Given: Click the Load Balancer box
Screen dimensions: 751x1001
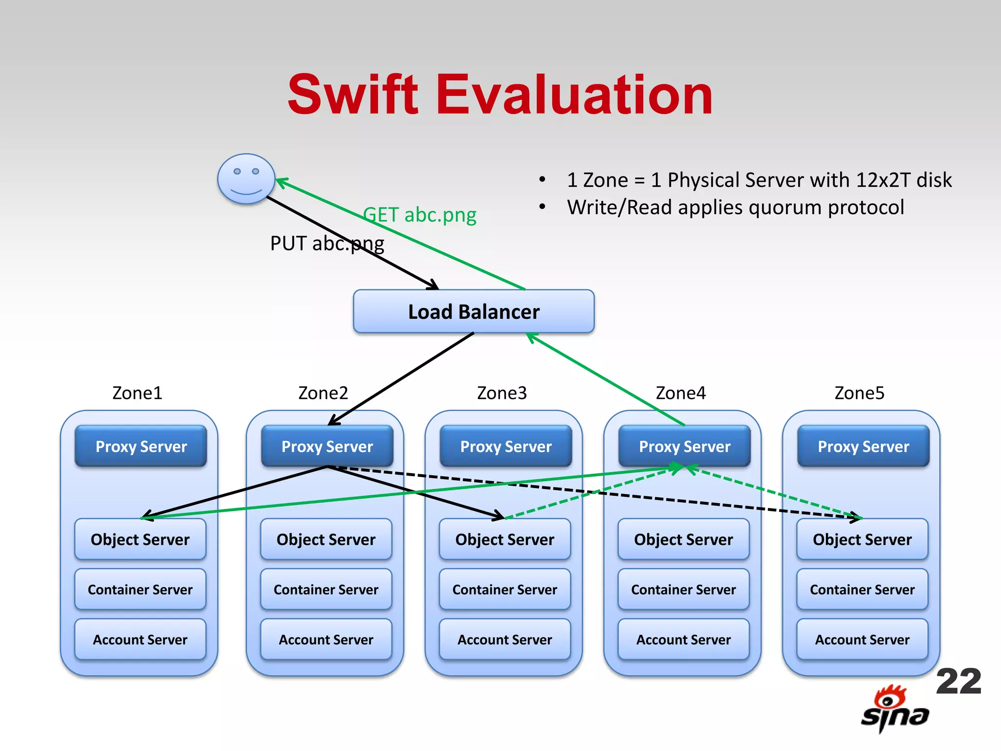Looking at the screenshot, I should pyautogui.click(x=474, y=311).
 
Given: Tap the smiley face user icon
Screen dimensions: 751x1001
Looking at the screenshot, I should pyautogui.click(x=246, y=179).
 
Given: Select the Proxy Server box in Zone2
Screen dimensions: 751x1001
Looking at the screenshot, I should pyautogui.click(x=327, y=446).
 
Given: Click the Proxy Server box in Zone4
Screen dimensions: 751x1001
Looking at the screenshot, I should pyautogui.click(x=684, y=446).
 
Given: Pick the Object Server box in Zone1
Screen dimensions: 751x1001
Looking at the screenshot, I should pyautogui.click(x=140, y=539).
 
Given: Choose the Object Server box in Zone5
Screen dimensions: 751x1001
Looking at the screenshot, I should pyautogui.click(x=862, y=539).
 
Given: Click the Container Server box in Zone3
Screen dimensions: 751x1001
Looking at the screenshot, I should pyautogui.click(x=504, y=590).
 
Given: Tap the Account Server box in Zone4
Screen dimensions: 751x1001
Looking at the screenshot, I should pyautogui.click(x=683, y=640).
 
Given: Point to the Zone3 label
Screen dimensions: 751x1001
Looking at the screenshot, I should pyautogui.click(x=502, y=393).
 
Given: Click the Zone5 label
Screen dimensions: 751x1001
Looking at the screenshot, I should pyautogui.click(x=859, y=393).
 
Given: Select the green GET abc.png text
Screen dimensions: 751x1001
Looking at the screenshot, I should pyautogui.click(x=419, y=215).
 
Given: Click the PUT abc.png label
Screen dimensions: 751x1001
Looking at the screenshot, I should pyautogui.click(x=327, y=243).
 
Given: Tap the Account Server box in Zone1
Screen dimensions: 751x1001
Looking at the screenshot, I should pyautogui.click(x=140, y=640).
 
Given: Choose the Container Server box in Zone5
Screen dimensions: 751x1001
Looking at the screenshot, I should pyautogui.click(x=862, y=590).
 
